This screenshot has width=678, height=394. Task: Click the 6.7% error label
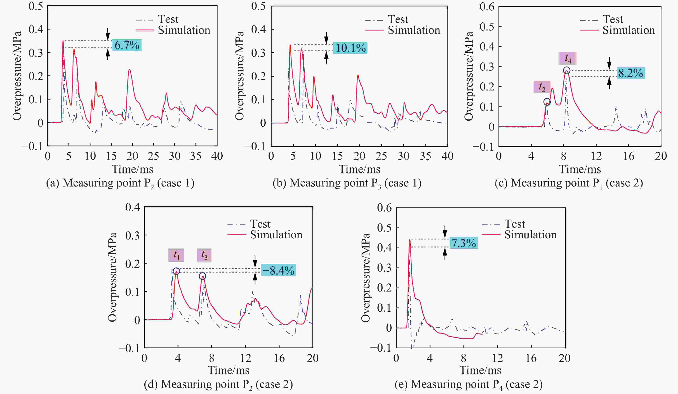(x=127, y=45)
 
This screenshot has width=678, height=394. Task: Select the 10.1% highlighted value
(x=350, y=48)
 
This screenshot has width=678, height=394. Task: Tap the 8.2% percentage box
(x=630, y=73)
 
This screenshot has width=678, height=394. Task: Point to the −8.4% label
(x=278, y=270)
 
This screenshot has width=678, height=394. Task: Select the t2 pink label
(x=542, y=87)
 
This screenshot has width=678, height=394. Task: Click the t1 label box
(x=176, y=255)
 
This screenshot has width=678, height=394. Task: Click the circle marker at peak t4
(x=567, y=71)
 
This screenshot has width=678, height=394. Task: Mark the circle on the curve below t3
(x=202, y=276)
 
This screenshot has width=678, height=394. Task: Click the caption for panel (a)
(x=120, y=183)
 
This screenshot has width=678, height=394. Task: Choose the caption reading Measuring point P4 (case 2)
(x=469, y=384)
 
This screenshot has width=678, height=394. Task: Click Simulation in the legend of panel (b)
(x=414, y=30)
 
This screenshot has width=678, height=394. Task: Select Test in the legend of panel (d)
(x=260, y=224)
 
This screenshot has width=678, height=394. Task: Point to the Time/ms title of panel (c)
(x=580, y=169)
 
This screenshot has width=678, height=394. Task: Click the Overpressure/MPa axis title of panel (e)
(x=366, y=277)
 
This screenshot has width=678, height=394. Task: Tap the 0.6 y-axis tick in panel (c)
(x=487, y=7)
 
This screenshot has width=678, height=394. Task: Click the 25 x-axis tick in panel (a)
(x=153, y=156)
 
